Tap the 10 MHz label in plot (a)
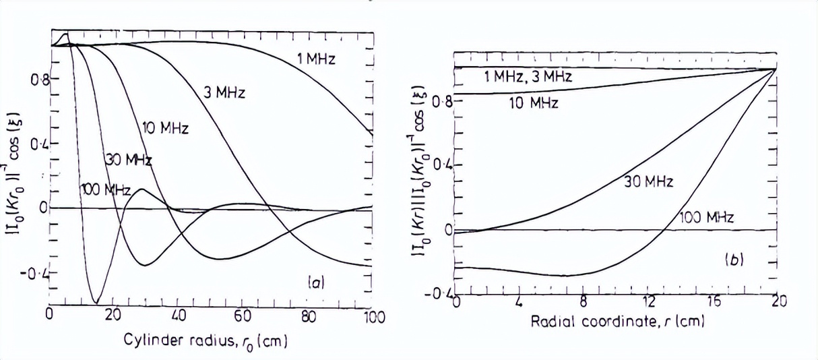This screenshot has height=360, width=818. pyautogui.click(x=165, y=127)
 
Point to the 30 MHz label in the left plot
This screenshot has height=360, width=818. pyautogui.click(x=127, y=160)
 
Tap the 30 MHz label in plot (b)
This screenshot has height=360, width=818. pyautogui.click(x=649, y=181)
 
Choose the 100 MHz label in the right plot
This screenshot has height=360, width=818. pyautogui.click(x=703, y=217)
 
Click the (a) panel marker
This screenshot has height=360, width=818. pyautogui.click(x=315, y=283)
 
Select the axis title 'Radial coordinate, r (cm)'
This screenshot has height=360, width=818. pyautogui.click(x=617, y=322)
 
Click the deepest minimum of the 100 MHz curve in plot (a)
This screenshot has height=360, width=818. pyautogui.click(x=96, y=303)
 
